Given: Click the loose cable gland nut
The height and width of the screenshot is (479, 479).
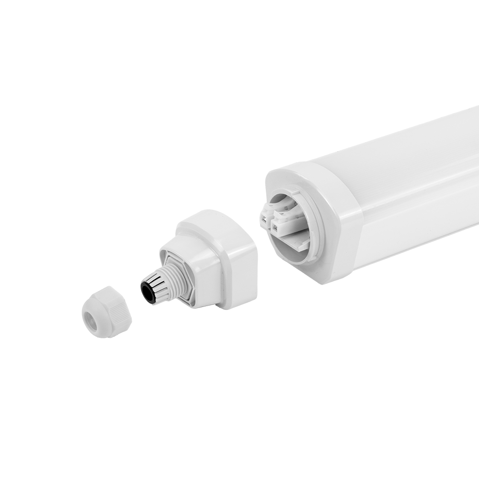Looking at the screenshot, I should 106,312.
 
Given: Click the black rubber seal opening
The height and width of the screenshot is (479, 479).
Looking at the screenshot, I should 148,292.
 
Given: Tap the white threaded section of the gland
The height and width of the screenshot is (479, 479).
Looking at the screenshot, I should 169,281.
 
